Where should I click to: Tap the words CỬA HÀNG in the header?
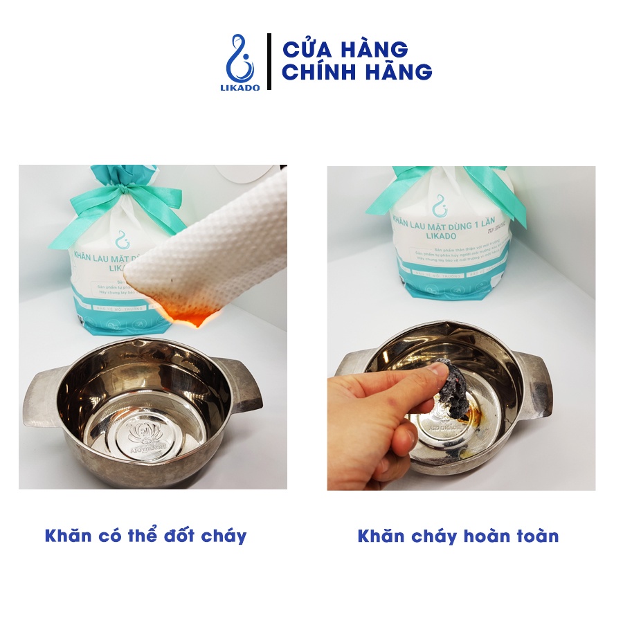tap(344, 50)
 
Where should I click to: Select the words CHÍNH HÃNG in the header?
tap(356, 72)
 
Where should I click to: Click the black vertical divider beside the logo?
tap(269, 62)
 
